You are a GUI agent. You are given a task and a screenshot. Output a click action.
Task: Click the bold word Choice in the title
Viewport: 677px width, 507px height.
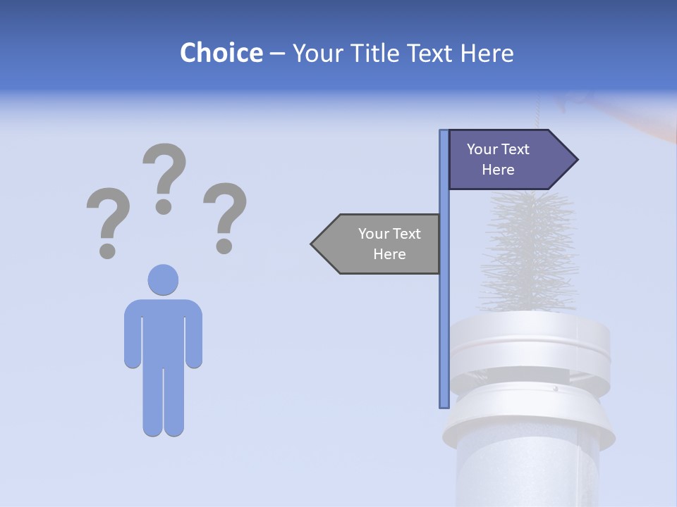[221, 53]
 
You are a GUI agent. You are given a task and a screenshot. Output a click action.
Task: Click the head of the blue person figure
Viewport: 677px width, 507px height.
[163, 280]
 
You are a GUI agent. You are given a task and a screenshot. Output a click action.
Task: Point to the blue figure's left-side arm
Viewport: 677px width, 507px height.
[133, 334]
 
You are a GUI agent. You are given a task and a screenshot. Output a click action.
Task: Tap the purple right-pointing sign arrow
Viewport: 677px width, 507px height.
[504, 160]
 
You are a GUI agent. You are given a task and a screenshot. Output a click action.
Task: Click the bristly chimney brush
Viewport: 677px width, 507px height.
[532, 250]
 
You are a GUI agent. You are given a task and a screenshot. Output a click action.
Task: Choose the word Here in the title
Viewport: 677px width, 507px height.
[487, 53]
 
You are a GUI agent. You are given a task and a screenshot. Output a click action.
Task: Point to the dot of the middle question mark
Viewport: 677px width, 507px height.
[164, 206]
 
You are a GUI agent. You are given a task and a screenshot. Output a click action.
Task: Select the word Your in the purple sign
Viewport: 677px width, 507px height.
[482, 149]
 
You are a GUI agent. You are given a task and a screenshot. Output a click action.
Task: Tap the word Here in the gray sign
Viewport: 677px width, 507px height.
[389, 254]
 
